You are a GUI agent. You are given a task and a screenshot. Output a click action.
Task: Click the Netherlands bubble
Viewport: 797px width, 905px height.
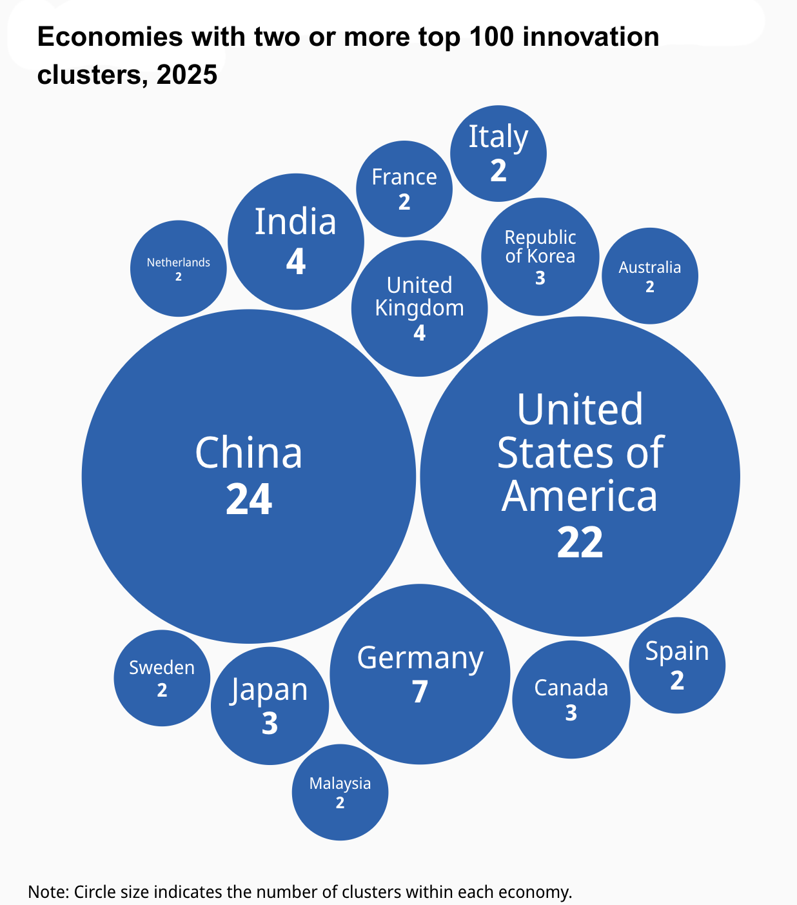point(179,268)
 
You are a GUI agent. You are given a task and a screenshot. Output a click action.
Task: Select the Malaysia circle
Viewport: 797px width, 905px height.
point(340,792)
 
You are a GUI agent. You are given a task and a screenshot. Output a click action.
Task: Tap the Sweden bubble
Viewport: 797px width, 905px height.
point(162,678)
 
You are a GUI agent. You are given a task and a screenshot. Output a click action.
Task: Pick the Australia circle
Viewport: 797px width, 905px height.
point(650,275)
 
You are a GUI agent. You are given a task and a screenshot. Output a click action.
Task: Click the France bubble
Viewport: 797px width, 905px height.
point(404,188)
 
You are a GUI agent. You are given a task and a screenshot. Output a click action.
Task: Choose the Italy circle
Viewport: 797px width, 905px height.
point(498,154)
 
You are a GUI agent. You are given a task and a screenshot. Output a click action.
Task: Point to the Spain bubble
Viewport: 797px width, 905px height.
point(677,665)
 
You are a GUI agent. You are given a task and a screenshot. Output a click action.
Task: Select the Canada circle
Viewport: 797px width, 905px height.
point(571,699)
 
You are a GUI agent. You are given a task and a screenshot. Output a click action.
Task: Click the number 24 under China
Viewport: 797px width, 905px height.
point(249,499)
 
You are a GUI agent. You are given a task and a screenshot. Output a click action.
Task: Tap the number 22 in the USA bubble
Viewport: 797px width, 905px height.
point(580,542)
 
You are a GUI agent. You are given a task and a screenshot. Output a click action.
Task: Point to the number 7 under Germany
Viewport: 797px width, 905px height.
point(420,692)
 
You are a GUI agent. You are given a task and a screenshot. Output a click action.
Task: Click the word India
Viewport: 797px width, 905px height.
point(296,222)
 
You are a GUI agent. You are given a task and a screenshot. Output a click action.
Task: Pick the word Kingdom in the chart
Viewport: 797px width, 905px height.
point(419,308)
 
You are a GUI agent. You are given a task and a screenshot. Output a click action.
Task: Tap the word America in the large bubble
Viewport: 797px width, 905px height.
point(580,497)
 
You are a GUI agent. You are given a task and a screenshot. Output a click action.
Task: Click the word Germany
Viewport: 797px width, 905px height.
point(420,659)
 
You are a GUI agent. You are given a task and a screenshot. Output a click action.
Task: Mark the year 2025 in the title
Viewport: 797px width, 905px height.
point(187,75)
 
